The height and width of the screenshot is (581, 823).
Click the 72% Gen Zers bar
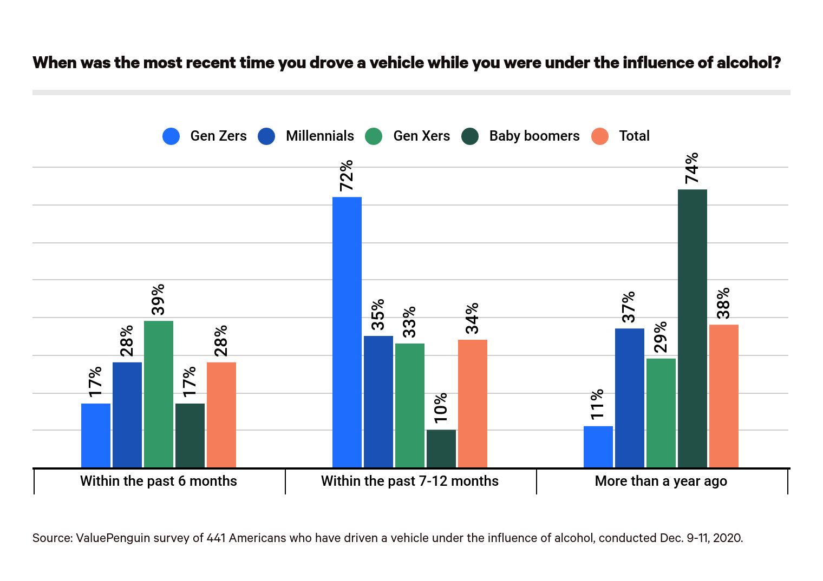click(347, 332)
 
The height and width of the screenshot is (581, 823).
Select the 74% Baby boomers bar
click(692, 328)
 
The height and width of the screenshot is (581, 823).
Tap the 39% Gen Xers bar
click(159, 394)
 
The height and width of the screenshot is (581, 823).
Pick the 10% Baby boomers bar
click(441, 448)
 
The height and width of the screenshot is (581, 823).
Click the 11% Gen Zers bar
click(598, 447)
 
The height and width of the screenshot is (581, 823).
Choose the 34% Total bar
click(473, 404)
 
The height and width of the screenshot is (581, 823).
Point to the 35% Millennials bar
click(378, 401)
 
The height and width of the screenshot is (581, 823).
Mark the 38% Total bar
click(724, 396)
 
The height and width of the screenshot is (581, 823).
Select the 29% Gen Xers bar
click(661, 413)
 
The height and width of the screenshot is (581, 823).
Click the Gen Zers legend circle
click(171, 136)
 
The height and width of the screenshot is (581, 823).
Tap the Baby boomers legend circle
click(470, 136)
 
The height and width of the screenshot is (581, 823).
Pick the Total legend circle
click(600, 136)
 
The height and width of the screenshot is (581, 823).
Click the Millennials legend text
click(319, 136)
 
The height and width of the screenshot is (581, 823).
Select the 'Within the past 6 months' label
click(159, 481)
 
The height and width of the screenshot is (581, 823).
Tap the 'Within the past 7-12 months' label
click(410, 481)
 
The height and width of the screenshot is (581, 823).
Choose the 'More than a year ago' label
click(661, 481)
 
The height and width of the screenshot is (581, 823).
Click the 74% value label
click(692, 168)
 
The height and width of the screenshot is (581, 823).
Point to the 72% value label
click(347, 175)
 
